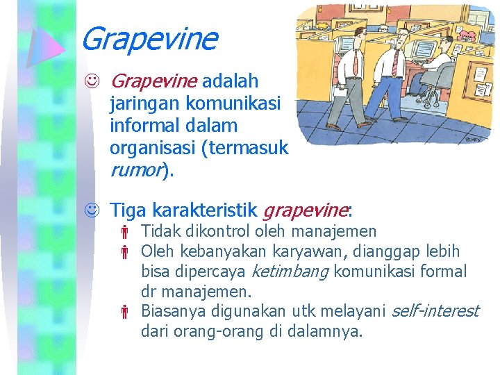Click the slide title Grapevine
click(149, 39)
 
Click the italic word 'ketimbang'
click(290, 272)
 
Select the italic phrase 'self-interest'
click(435, 311)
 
